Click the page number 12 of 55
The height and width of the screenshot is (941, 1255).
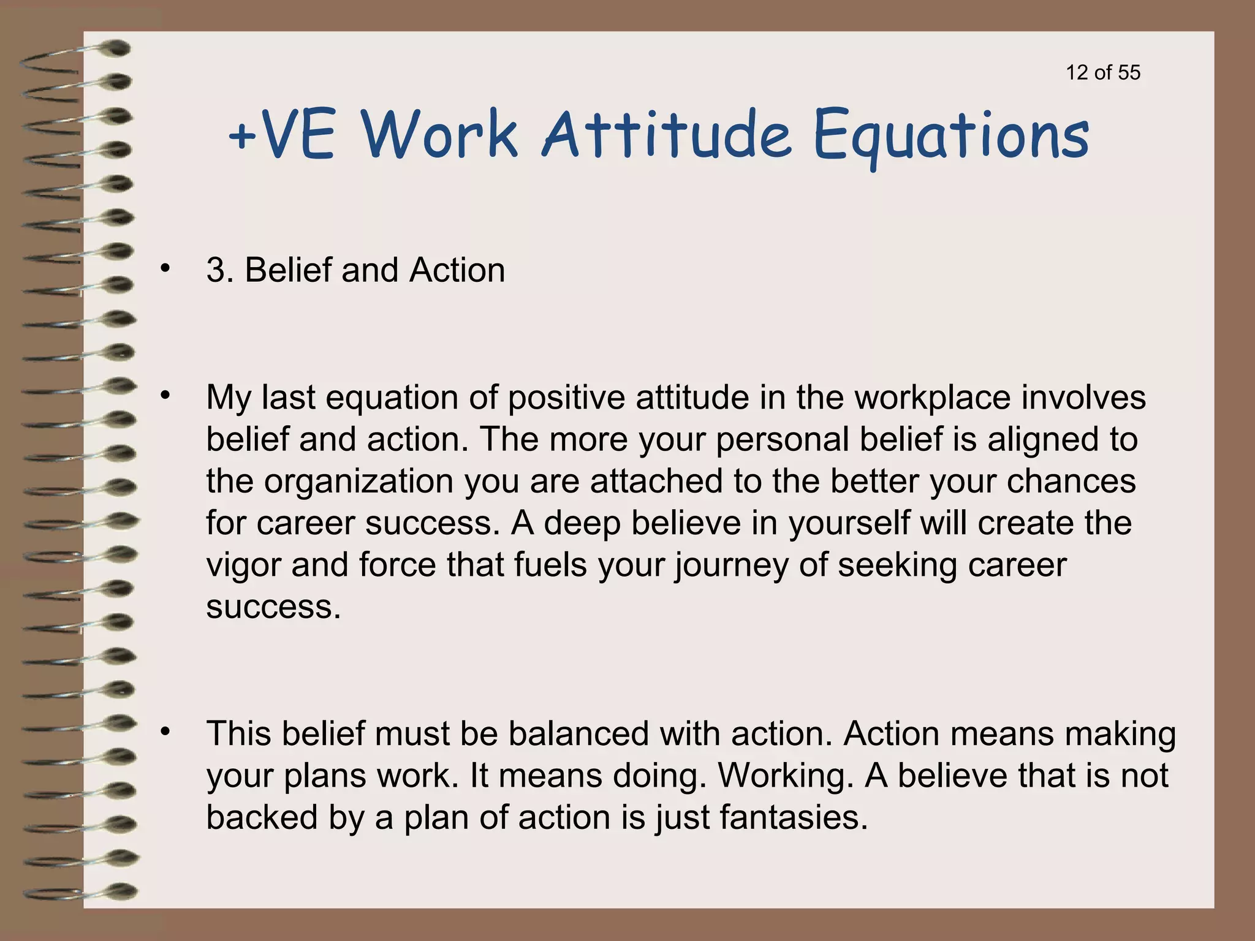[1103, 72]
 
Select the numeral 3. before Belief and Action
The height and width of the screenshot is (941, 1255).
[220, 270]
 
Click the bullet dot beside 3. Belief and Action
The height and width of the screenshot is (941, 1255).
[164, 268]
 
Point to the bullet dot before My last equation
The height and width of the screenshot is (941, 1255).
[164, 395]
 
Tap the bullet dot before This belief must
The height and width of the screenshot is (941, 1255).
[164, 731]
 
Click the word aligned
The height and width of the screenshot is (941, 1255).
[1041, 439]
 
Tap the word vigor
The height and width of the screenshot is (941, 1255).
[243, 565]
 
